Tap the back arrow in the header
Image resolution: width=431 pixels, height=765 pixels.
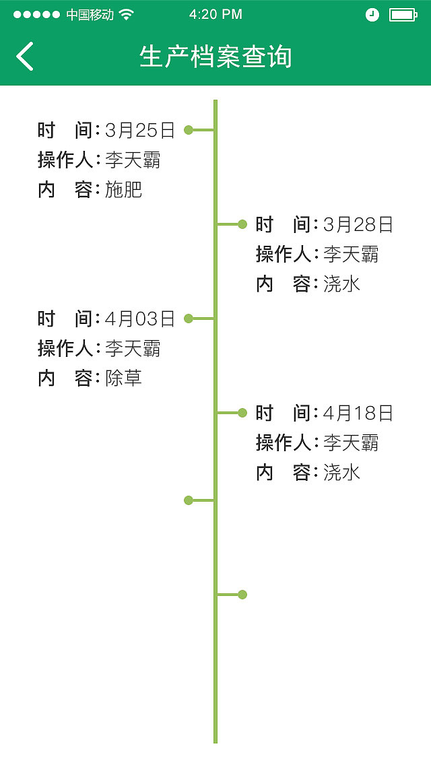pyautogui.click(x=25, y=56)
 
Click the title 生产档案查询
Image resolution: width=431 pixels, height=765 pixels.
pyautogui.click(x=215, y=56)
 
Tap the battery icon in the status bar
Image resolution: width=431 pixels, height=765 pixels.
pyautogui.click(x=403, y=14)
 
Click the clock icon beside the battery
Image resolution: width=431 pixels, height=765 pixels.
pyautogui.click(x=372, y=14)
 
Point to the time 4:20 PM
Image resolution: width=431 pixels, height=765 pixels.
pyautogui.click(x=215, y=14)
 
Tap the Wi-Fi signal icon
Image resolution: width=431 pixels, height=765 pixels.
pyautogui.click(x=126, y=14)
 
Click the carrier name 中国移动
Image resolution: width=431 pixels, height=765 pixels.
pyautogui.click(x=90, y=14)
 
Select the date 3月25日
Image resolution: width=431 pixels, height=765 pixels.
pyautogui.click(x=140, y=130)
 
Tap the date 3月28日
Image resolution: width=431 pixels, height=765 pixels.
pyautogui.click(x=358, y=224)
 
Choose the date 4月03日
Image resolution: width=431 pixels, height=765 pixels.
pyautogui.click(x=140, y=319)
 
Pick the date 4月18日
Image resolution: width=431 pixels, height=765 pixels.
pyautogui.click(x=358, y=413)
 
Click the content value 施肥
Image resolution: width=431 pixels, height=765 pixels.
pyautogui.click(x=124, y=190)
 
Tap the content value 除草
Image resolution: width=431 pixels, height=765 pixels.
pyautogui.click(x=124, y=378)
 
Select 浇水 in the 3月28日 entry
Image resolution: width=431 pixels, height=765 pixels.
pyautogui.click(x=341, y=284)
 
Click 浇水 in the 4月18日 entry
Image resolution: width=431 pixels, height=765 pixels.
pyautogui.click(x=341, y=473)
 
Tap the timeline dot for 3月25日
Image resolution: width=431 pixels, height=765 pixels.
pyautogui.click(x=189, y=130)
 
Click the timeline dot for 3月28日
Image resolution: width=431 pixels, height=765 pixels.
pyautogui.click(x=242, y=224)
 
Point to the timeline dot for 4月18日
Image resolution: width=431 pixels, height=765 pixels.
pyautogui.click(x=242, y=413)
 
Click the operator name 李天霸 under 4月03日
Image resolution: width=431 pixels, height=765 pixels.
pyautogui.click(x=133, y=349)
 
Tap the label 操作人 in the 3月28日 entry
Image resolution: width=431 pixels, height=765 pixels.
pyautogui.click(x=283, y=255)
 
